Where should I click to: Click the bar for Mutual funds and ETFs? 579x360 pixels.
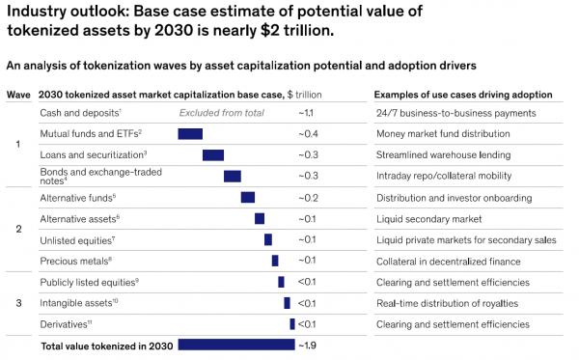click(190, 133)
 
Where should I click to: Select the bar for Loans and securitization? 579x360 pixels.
click(213, 154)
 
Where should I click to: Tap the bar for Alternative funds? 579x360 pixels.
click(248, 197)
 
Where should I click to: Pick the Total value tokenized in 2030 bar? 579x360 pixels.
click(236, 344)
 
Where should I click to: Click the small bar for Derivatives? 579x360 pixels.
click(291, 323)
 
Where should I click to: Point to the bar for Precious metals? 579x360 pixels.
click(275, 261)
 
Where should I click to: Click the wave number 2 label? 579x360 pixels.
click(18, 229)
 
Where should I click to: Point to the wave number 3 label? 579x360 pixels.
click(18, 302)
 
